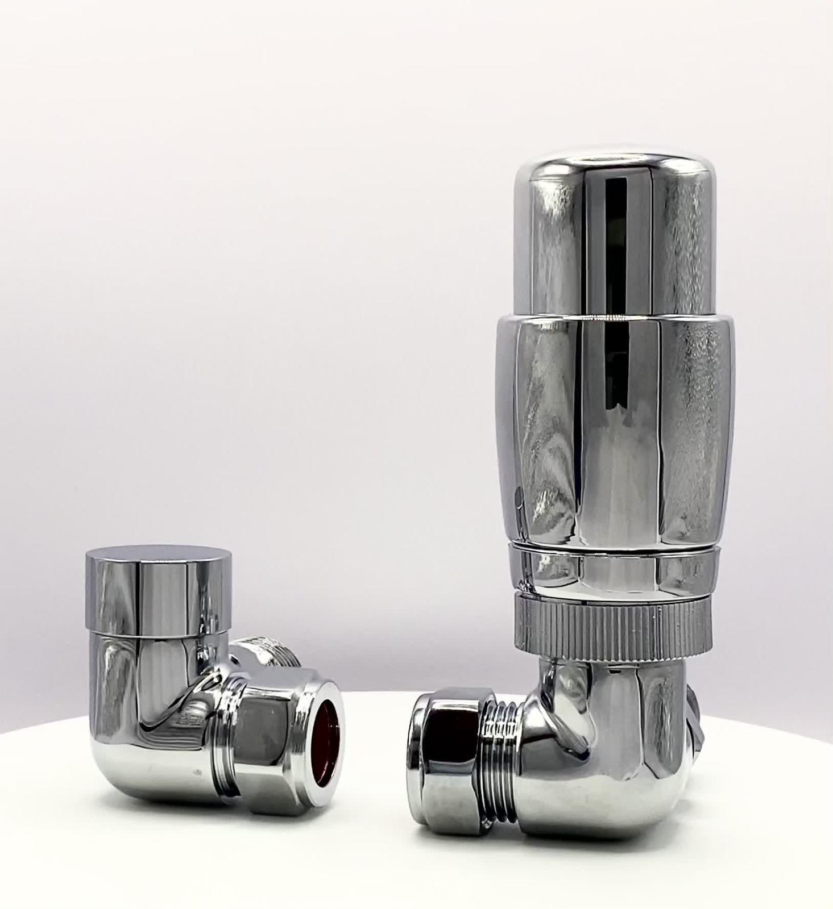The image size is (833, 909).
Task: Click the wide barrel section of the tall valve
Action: pos(614,432)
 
